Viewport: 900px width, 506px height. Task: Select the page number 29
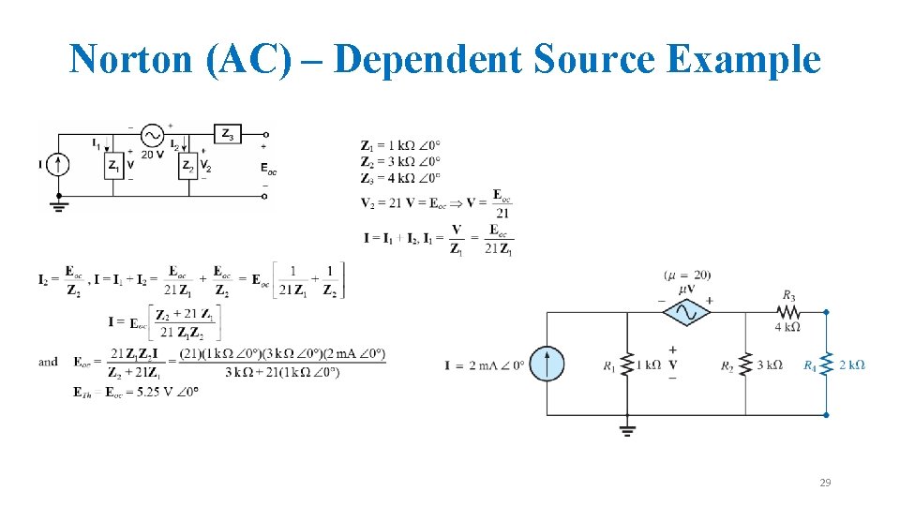[825, 483]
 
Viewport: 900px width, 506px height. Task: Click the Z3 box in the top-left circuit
[228, 135]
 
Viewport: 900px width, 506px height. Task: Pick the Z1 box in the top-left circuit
[113, 166]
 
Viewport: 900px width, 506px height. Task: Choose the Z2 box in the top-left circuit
[188, 166]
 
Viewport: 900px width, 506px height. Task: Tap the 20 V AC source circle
[152, 135]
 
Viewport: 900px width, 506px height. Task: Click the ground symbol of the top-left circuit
[59, 202]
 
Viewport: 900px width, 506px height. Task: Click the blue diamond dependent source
[686, 312]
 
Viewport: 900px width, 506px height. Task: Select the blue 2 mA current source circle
[547, 365]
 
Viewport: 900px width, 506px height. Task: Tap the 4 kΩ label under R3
[787, 327]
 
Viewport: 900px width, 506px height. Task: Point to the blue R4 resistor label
[810, 365]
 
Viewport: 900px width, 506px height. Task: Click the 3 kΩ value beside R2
[769, 365]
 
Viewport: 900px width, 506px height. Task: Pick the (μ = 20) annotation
[687, 275]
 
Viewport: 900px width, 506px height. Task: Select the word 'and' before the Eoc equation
[48, 362]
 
